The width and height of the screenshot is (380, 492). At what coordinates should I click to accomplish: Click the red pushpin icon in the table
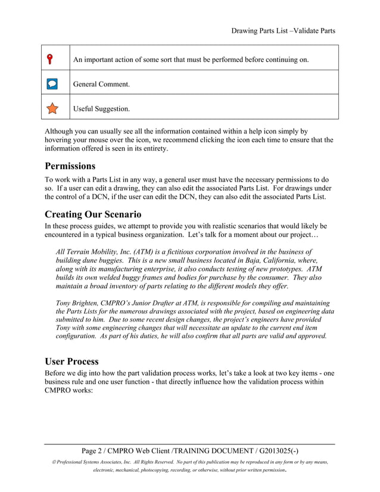(52, 58)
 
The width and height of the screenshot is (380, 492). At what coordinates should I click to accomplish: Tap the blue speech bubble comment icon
(52, 84)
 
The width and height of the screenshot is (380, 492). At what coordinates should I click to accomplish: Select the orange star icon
(52, 108)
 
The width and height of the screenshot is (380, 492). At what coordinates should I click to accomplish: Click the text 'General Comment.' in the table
(101, 85)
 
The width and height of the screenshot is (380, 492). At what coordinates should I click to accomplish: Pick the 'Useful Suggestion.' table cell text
(101, 109)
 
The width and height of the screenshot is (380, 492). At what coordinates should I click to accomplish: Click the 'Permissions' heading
(70, 166)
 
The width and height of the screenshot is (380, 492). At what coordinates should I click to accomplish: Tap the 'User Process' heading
(71, 361)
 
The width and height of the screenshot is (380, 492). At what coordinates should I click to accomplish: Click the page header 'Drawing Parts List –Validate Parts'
(283, 30)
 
